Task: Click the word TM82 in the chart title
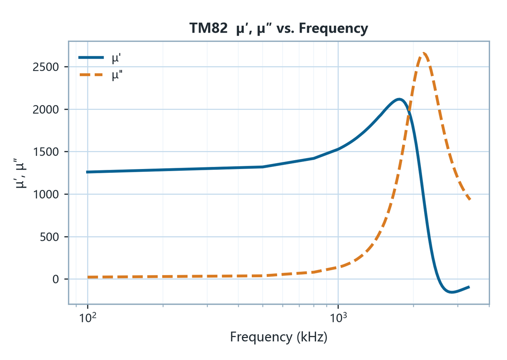pos(208,28)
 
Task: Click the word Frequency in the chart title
pos(333,29)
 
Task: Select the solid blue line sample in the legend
pos(91,57)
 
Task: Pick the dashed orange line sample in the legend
pos(91,75)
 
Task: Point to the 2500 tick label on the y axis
pos(46,67)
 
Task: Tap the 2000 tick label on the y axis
pos(46,109)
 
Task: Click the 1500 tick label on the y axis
pos(46,152)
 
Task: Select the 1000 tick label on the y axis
pos(46,194)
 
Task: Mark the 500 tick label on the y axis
pos(49,237)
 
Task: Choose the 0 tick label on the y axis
pos(56,279)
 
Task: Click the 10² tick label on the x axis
pos(87,317)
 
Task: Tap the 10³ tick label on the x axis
pos(338,317)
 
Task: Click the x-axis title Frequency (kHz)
pos(278,337)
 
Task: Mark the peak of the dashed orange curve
pos(423,53)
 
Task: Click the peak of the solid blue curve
pos(399,99)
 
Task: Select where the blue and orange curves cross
pos(409,111)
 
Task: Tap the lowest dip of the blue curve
pos(452,292)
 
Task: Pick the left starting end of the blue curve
pos(87,172)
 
